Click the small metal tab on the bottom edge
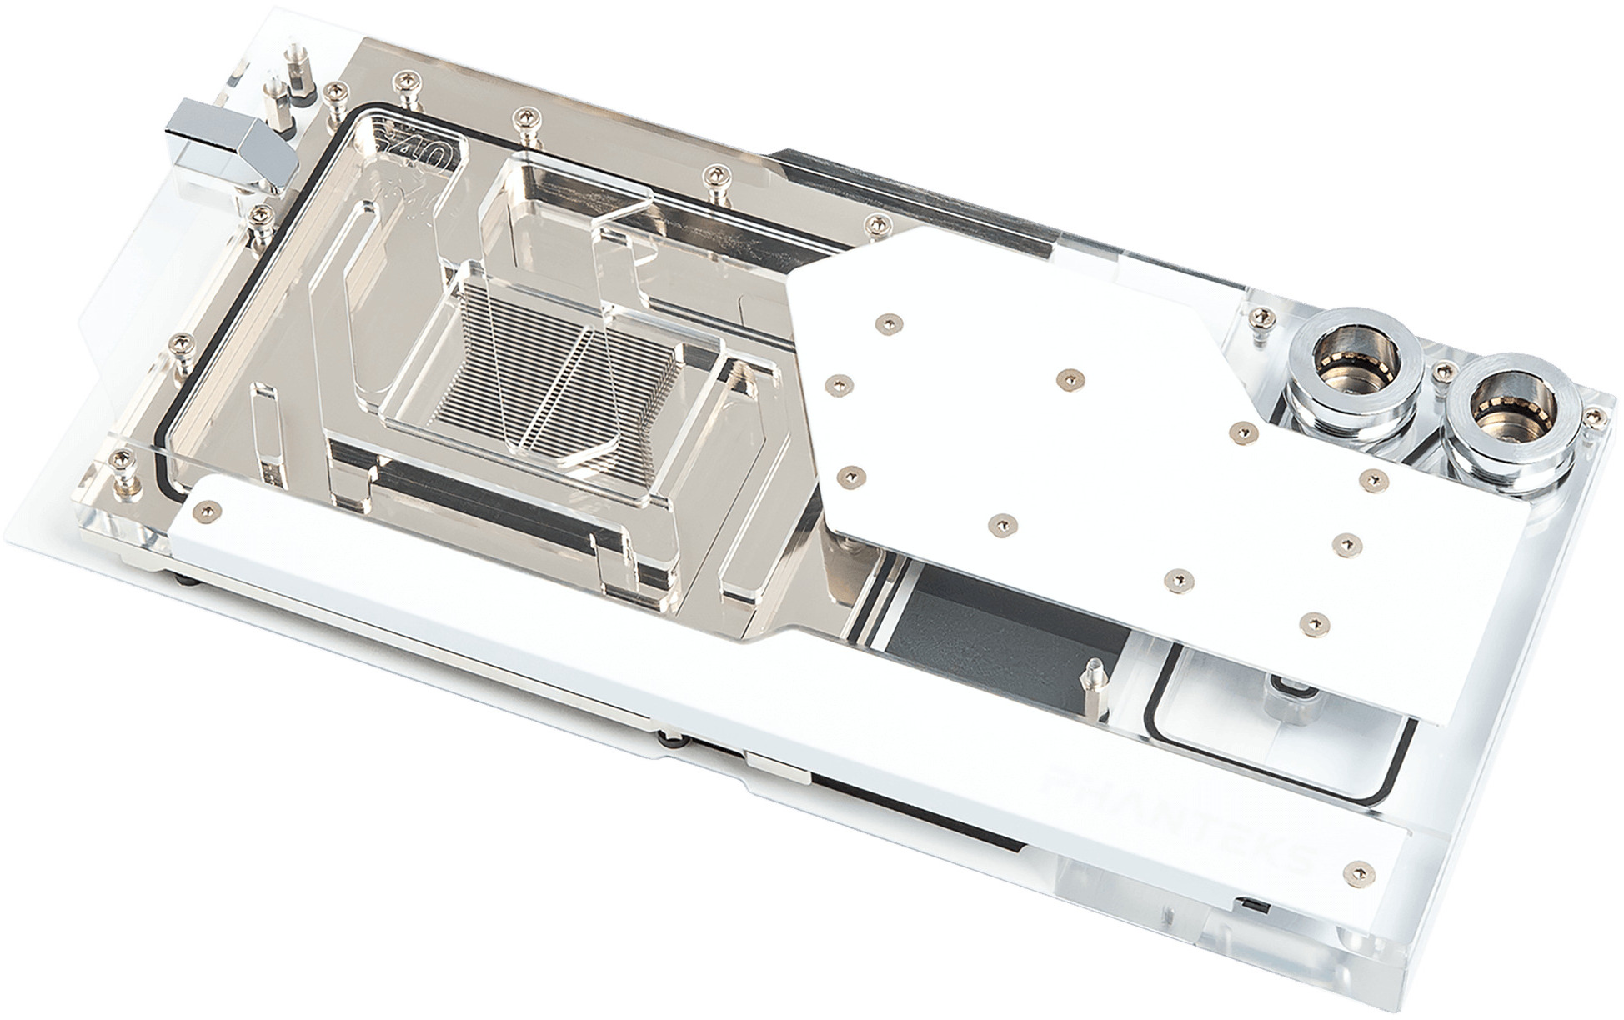point(775,762)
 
